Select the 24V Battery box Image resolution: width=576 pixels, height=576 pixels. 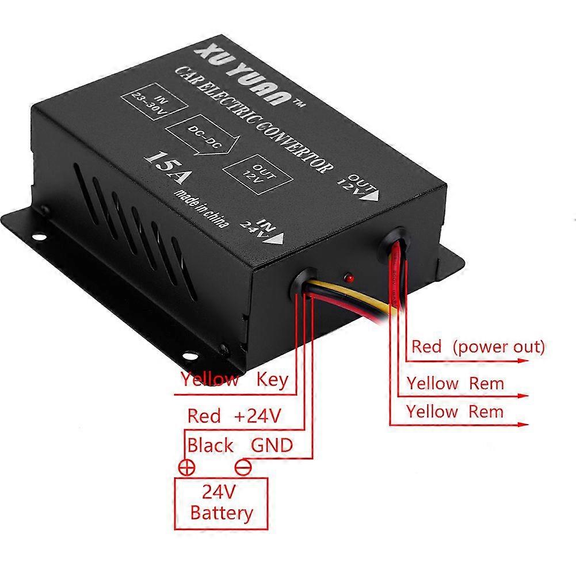(x=221, y=502)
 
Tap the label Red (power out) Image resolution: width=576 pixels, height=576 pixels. (x=478, y=347)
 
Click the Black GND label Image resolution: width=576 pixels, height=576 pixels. (x=240, y=445)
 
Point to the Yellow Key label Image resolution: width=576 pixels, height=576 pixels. (x=234, y=379)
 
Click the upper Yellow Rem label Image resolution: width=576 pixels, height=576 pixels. (x=455, y=383)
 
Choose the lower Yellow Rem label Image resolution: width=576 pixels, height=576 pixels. (x=455, y=412)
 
